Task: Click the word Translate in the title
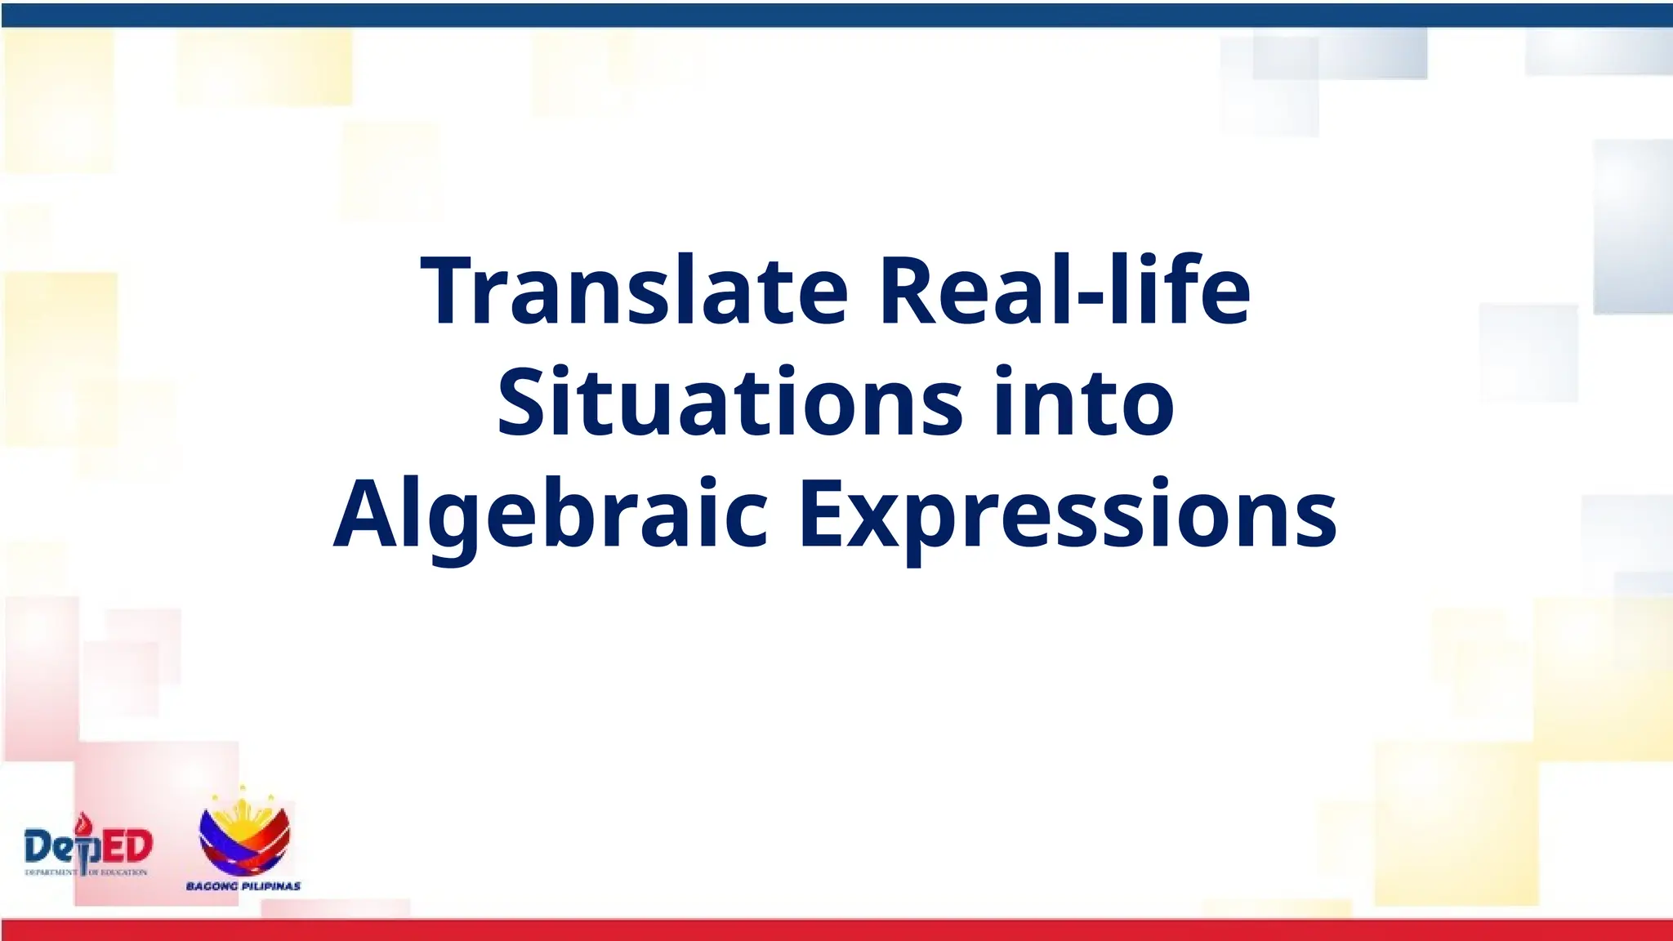point(634,291)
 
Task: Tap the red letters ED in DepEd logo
point(129,846)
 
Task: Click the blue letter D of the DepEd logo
point(38,847)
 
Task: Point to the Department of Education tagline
point(86,872)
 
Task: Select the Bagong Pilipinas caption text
point(243,886)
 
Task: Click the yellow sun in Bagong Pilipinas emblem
point(243,809)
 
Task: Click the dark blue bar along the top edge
point(836,15)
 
